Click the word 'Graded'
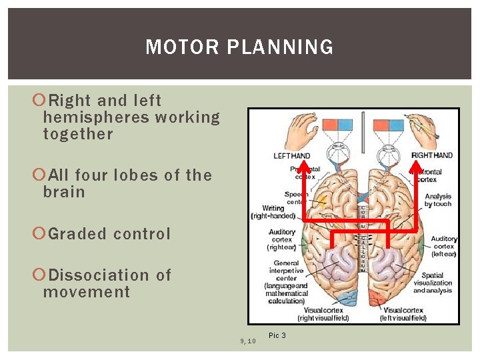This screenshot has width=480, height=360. [77, 234]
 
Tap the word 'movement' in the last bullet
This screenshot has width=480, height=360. [86, 291]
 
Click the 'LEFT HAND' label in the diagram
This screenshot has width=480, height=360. [292, 156]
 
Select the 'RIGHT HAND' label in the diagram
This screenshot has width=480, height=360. [432, 156]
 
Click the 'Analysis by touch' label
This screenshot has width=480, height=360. [438, 200]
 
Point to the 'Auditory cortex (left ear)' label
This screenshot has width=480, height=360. [443, 246]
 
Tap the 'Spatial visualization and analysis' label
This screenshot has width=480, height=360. [436, 283]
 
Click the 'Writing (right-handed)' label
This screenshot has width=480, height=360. [273, 212]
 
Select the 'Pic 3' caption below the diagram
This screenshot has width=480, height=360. [277, 335]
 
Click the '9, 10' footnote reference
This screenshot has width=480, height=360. [247, 341]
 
